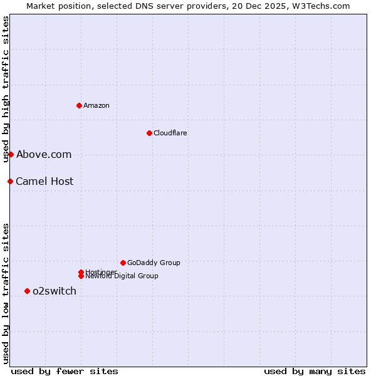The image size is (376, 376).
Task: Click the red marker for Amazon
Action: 79,105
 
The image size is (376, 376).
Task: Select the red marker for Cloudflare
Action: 149,133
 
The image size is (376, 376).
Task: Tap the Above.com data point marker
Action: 11,154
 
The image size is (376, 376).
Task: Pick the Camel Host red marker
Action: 10,181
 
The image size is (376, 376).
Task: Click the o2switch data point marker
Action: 27,291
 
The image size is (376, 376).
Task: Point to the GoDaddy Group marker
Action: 123,263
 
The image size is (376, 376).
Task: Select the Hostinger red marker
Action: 81,272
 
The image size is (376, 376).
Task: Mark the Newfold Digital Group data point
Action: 81,276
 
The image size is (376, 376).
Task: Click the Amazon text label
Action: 97,105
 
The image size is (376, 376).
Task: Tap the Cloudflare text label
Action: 170,133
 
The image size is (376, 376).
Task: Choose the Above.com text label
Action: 44,154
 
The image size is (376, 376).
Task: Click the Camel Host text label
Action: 44,181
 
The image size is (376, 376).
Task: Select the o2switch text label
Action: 55,291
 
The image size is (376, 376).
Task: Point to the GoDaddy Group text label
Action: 154,263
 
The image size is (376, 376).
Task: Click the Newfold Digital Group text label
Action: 122,276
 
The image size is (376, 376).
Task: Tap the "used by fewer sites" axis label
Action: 65,371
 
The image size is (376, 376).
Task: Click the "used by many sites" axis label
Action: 315,371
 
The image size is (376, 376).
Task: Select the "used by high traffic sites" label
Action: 6,89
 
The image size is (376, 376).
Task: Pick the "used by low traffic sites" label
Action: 6,293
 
